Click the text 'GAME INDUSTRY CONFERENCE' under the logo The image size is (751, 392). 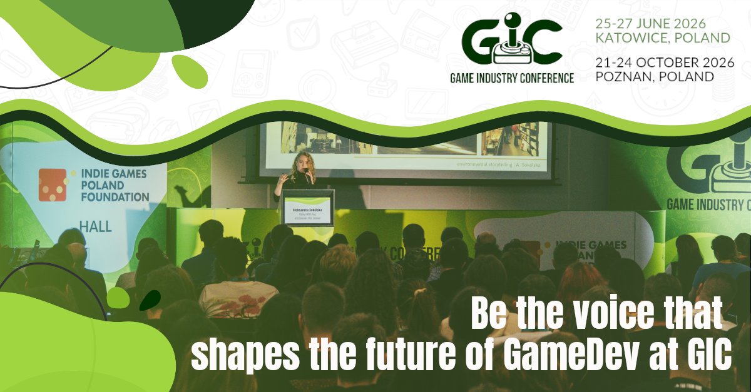click(x=511, y=78)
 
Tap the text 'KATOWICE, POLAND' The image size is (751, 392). click(x=662, y=38)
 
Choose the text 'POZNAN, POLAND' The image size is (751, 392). click(x=655, y=77)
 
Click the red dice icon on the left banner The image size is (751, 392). click(x=53, y=184)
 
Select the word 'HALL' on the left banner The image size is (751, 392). click(x=95, y=226)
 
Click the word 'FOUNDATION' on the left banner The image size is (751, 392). click(x=115, y=197)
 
